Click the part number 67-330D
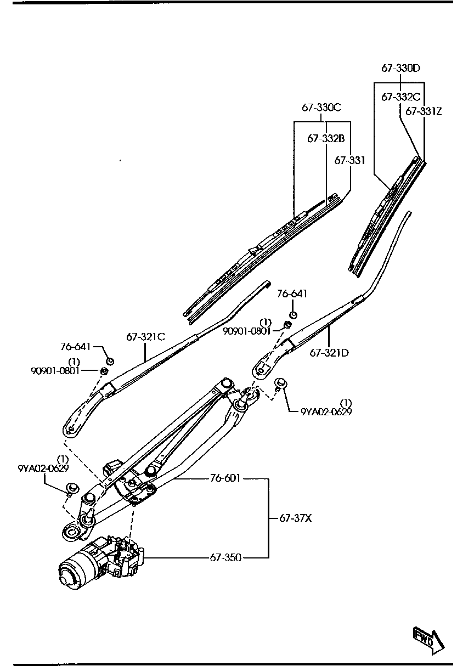coord(400,69)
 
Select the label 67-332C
coord(400,97)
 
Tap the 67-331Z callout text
coord(424,111)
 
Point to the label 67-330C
coord(321,108)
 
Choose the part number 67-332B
coord(326,139)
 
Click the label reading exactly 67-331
coord(349,161)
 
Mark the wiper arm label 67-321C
coord(146,337)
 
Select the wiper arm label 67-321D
coord(329,353)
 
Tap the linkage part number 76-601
coord(225,478)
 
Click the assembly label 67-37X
coord(295,517)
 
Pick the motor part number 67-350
coord(225,557)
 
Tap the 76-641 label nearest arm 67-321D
coord(292,295)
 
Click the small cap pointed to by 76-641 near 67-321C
coord(110,361)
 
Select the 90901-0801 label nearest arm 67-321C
coord(55,370)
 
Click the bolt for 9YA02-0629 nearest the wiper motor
coord(71,488)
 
